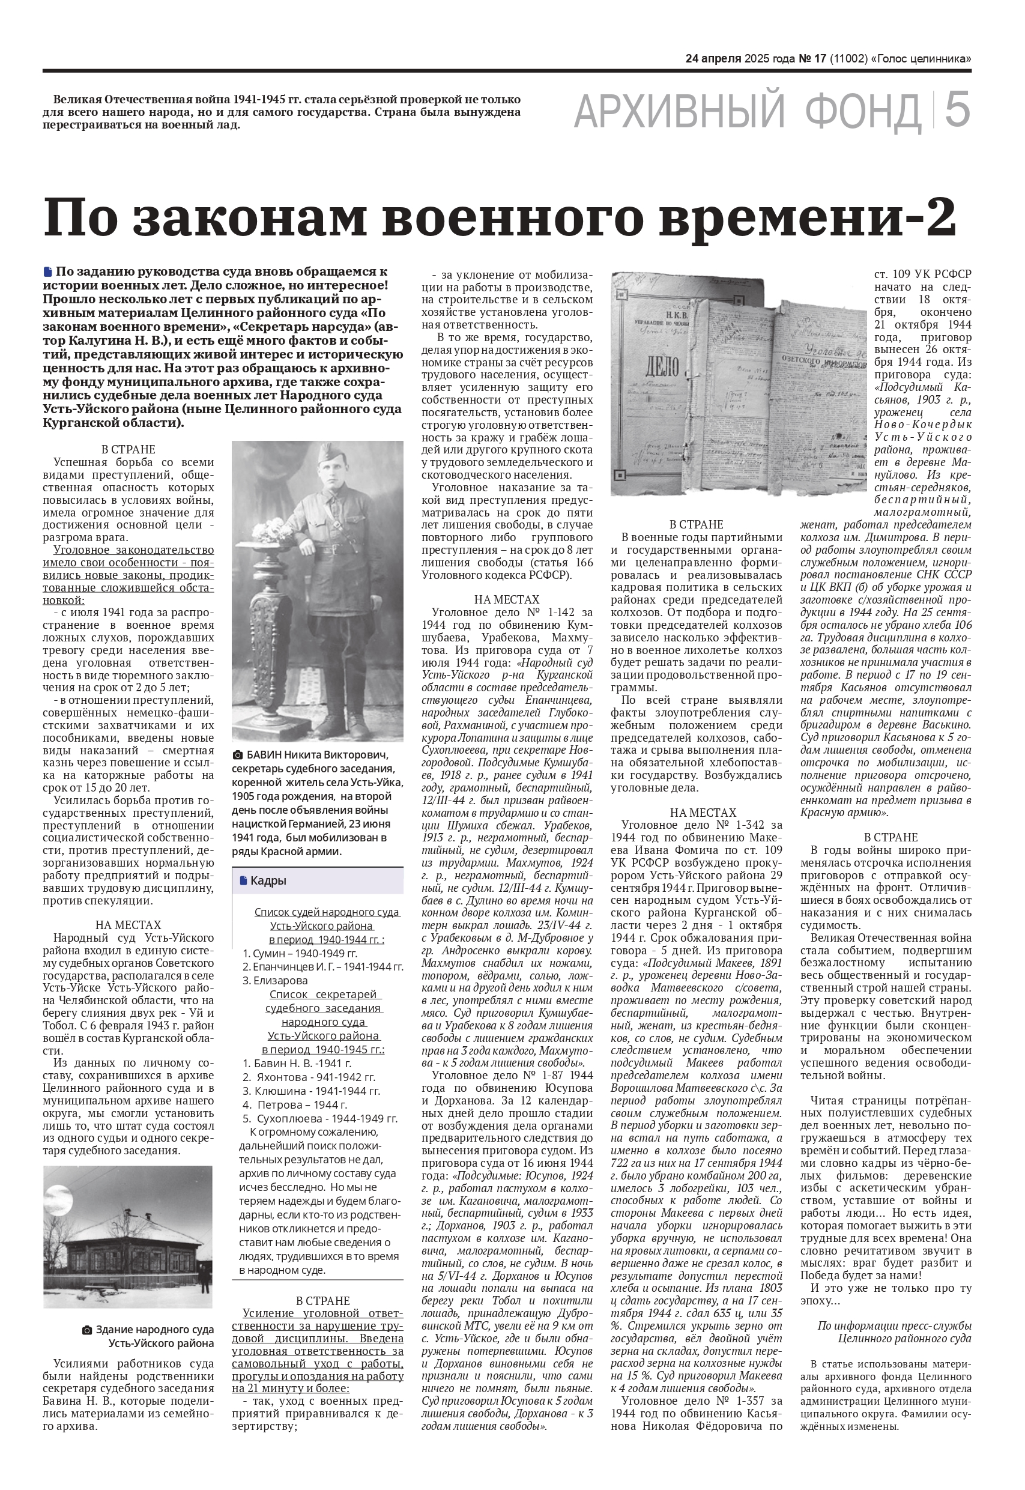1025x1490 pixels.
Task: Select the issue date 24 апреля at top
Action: click(713, 58)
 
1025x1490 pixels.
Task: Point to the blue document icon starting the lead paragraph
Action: click(47, 271)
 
